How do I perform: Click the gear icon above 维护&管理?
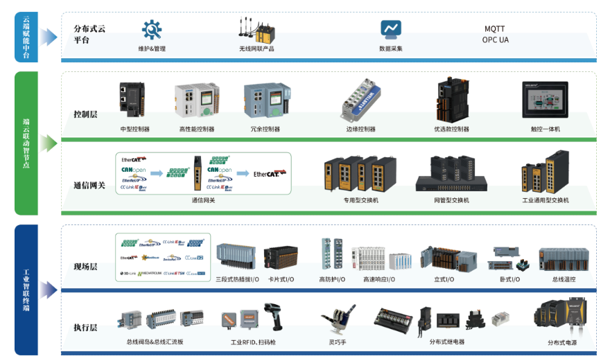click(151, 30)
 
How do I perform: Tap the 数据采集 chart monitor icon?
click(390, 30)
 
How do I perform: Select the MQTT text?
click(494, 29)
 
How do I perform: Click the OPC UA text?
click(495, 39)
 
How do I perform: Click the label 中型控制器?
click(134, 129)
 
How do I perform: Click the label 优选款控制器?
click(451, 129)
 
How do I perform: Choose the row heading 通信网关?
click(89, 185)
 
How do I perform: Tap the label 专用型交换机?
click(360, 200)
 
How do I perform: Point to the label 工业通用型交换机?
click(545, 200)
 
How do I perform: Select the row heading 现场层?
click(86, 267)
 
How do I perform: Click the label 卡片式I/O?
click(281, 279)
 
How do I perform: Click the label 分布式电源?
click(561, 342)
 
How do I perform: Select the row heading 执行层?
click(86, 327)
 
